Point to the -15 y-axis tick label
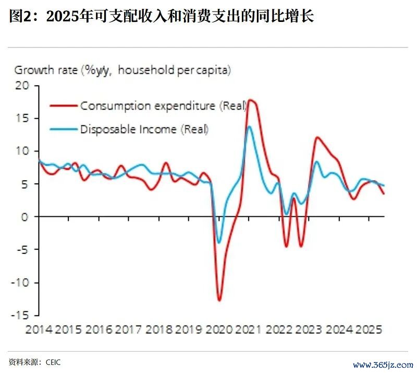[21, 316]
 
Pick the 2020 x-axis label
[218, 330]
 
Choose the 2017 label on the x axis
[128, 330]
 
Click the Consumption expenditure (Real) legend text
[163, 106]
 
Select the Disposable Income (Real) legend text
[144, 129]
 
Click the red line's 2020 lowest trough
[219, 300]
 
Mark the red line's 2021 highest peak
[251, 99]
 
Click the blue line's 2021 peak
[250, 126]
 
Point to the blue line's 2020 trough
[219, 242]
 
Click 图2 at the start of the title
[20, 17]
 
